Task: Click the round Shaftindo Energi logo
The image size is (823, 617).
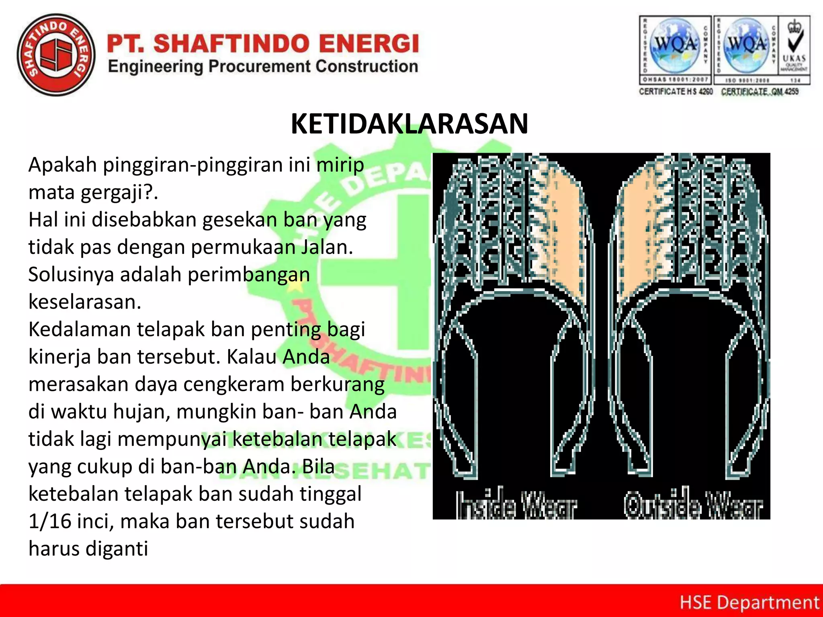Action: pyautogui.click(x=56, y=55)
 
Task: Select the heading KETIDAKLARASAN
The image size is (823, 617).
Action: pyautogui.click(x=409, y=124)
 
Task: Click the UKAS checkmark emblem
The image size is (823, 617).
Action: pyautogui.click(x=794, y=44)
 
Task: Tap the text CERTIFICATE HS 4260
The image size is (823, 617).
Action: pyautogui.click(x=676, y=92)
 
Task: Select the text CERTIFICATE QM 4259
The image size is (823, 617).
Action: pyautogui.click(x=760, y=92)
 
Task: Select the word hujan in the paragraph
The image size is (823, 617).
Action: pyautogui.click(x=141, y=412)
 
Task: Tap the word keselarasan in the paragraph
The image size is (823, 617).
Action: pyautogui.click(x=84, y=302)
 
